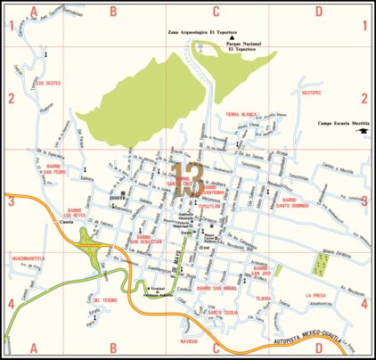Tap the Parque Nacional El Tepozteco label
coord(241,46)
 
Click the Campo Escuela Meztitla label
coord(339,124)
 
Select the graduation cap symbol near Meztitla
coord(364,132)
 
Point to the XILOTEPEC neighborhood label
coord(311,91)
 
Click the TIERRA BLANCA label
coord(241,115)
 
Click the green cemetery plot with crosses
coord(319,264)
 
